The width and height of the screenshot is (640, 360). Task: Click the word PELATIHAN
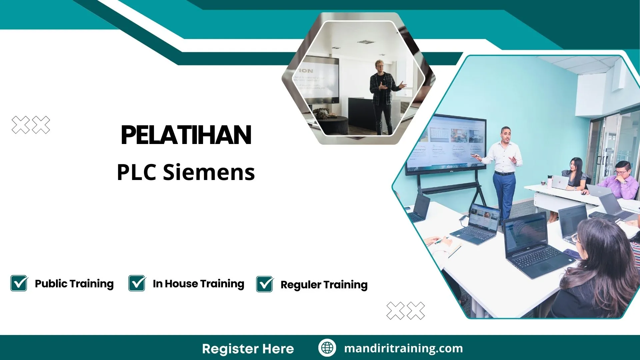tap(186, 135)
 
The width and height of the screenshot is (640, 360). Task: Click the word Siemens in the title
tap(209, 172)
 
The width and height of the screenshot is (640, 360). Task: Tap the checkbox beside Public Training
tap(19, 283)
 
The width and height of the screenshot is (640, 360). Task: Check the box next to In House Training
tap(137, 283)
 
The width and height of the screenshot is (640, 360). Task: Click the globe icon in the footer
tap(327, 348)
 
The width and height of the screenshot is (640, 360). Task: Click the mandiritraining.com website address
tap(403, 348)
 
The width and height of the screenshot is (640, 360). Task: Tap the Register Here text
tap(248, 349)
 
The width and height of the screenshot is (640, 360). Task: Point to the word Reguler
tap(301, 285)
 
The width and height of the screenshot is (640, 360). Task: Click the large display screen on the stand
tap(445, 143)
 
